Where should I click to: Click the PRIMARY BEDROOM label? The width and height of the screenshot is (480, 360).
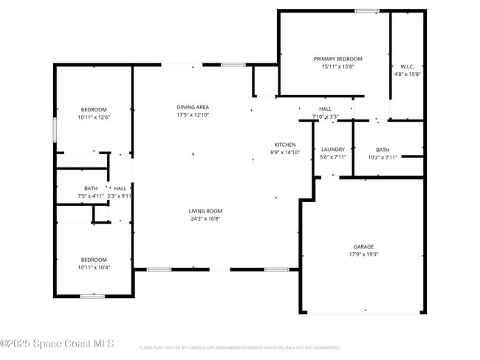(x=337, y=59)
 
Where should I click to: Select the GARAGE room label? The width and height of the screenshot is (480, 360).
(x=363, y=246)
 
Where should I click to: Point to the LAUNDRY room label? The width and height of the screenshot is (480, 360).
(x=332, y=149)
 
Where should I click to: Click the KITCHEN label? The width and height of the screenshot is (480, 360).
(x=285, y=145)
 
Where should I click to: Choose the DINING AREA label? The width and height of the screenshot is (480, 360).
(x=193, y=107)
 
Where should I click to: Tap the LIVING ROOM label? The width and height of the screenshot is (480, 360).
(x=205, y=211)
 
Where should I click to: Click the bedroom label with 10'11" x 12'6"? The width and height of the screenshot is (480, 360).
(x=94, y=110)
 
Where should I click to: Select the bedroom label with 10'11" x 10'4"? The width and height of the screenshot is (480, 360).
(x=94, y=260)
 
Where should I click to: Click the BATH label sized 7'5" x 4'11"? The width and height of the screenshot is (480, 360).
(x=90, y=188)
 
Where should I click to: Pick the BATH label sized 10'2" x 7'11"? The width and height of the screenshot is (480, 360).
(x=382, y=149)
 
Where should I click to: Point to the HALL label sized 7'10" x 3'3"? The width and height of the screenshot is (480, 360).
(x=325, y=108)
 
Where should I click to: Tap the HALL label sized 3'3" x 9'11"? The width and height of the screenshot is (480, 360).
(x=120, y=188)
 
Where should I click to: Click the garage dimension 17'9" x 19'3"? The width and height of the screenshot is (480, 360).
(x=363, y=255)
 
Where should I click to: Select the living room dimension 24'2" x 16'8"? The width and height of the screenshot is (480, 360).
(x=205, y=218)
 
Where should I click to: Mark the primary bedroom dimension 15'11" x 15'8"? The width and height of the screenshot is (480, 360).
(x=337, y=66)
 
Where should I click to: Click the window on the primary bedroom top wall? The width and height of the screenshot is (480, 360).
(x=366, y=10)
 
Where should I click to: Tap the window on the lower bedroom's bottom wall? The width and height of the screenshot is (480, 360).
(x=92, y=296)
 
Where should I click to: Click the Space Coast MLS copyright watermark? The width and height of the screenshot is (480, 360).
(x=57, y=344)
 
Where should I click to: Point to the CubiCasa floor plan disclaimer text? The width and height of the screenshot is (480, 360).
(x=239, y=347)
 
